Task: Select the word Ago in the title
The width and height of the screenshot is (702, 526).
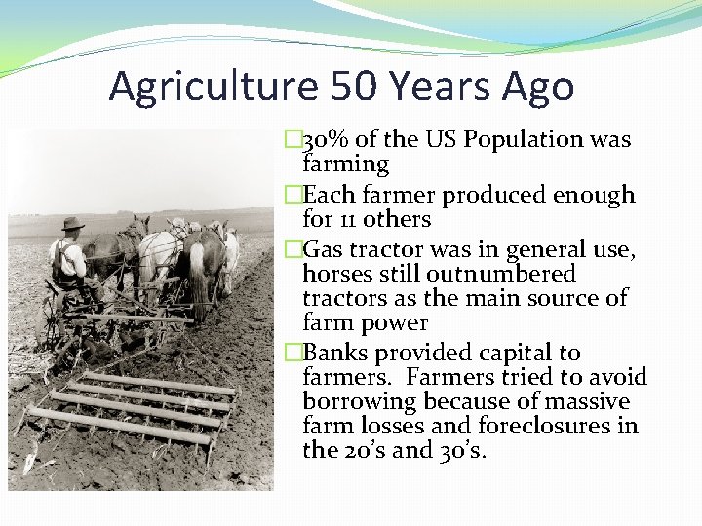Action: [538, 87]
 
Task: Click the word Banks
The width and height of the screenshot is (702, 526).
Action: [334, 353]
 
